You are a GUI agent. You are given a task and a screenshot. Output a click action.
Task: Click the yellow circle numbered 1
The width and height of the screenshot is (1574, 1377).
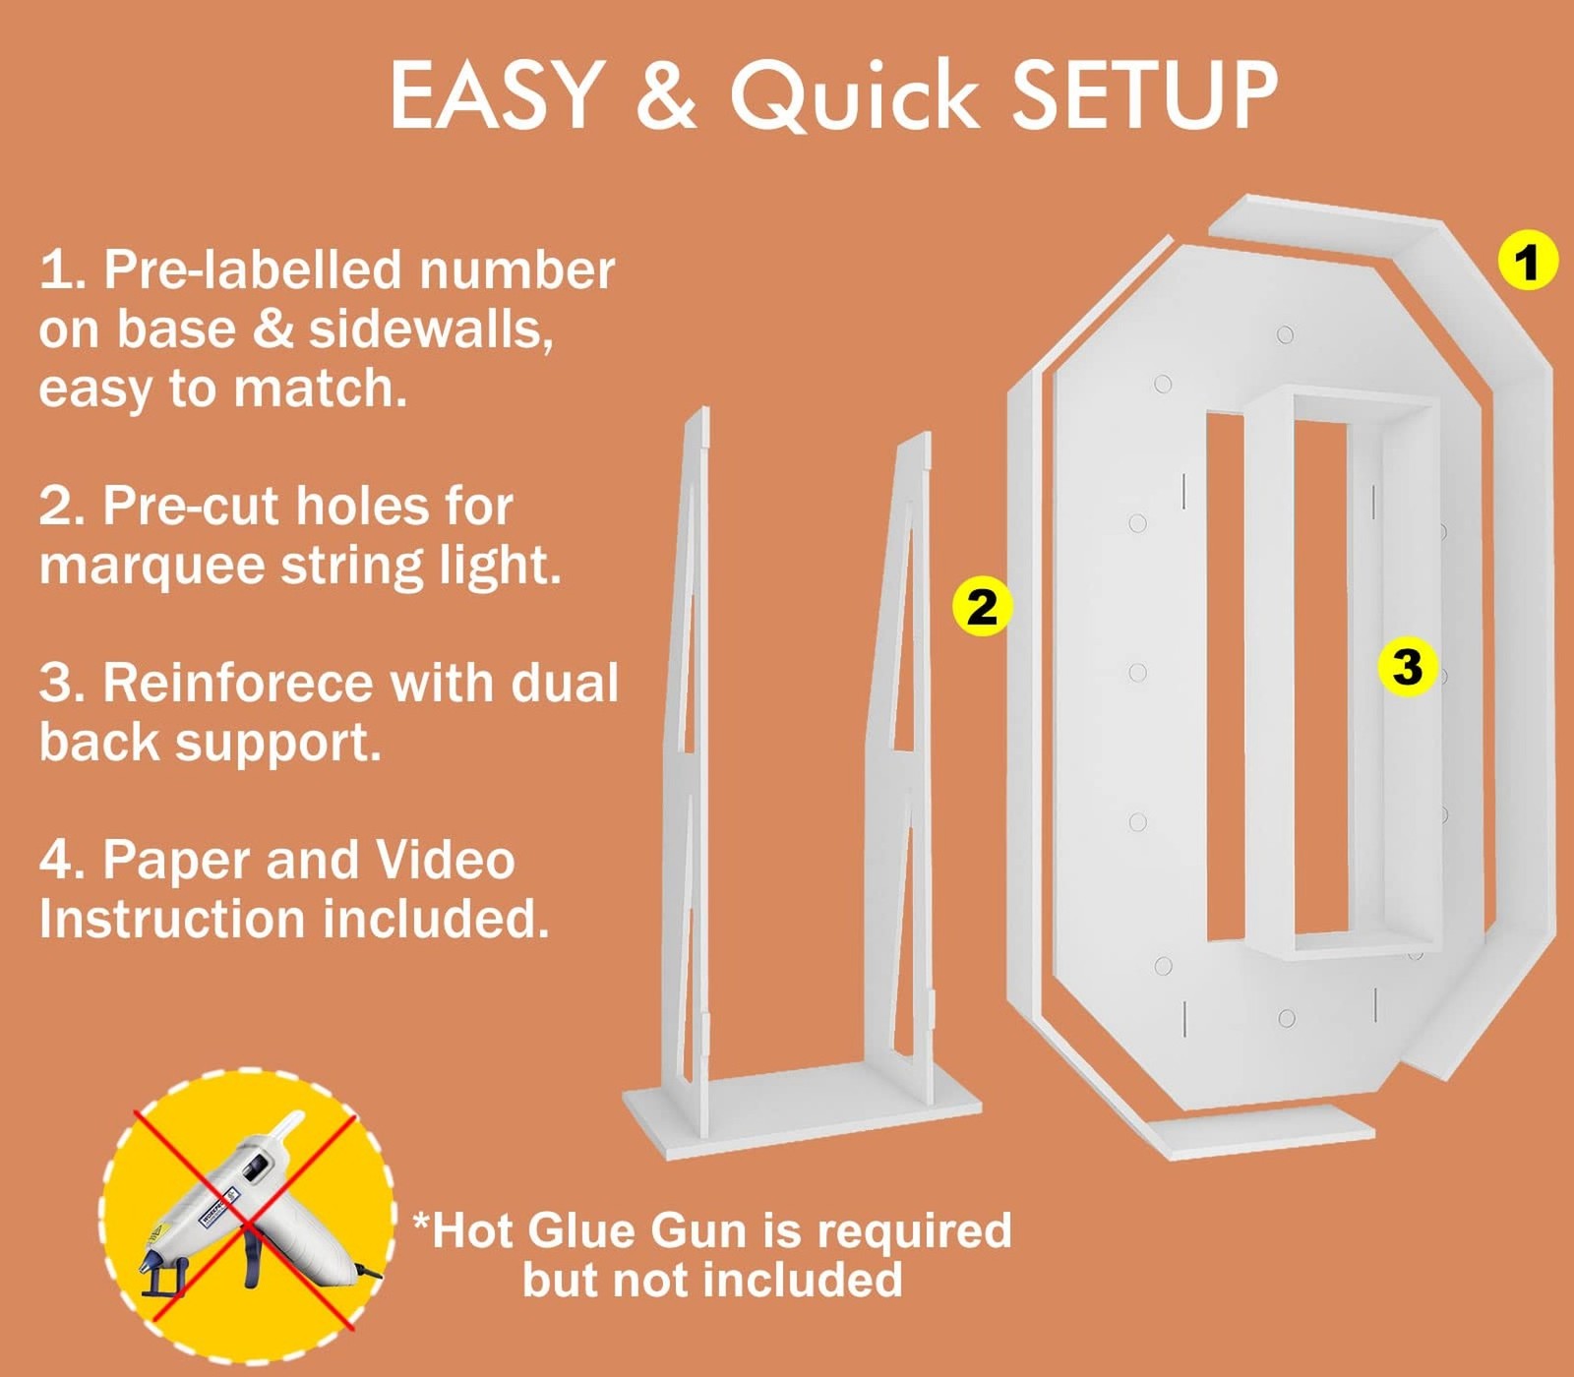pyautogui.click(x=1527, y=262)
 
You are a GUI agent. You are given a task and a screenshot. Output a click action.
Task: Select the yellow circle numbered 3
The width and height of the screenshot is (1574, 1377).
pyautogui.click(x=1407, y=666)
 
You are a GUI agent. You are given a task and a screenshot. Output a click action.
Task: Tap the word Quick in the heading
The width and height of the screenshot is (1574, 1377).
pyautogui.click(x=854, y=95)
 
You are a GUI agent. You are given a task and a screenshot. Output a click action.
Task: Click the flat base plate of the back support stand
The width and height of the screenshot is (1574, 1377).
pyautogui.click(x=802, y=1108)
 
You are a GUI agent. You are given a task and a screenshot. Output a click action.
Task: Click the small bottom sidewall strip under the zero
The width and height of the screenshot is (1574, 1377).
pyautogui.click(x=1259, y=1130)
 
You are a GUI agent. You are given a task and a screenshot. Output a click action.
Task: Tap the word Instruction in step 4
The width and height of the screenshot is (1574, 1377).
pyautogui.click(x=172, y=920)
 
